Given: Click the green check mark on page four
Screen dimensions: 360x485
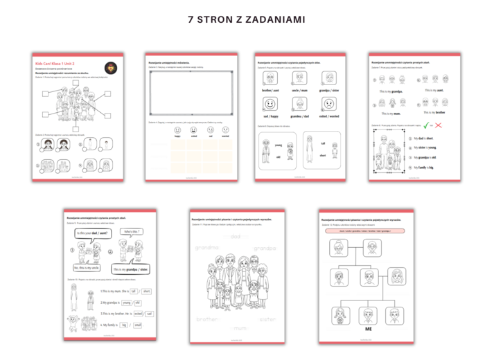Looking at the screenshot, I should [x=427, y=125].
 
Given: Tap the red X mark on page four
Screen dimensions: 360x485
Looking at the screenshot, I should [x=440, y=125].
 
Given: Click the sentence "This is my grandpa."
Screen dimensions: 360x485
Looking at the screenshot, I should [x=391, y=91].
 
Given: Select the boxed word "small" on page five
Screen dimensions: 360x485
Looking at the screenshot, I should [x=139, y=324].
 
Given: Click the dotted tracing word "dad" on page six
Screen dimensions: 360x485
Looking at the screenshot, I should [x=236, y=237].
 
